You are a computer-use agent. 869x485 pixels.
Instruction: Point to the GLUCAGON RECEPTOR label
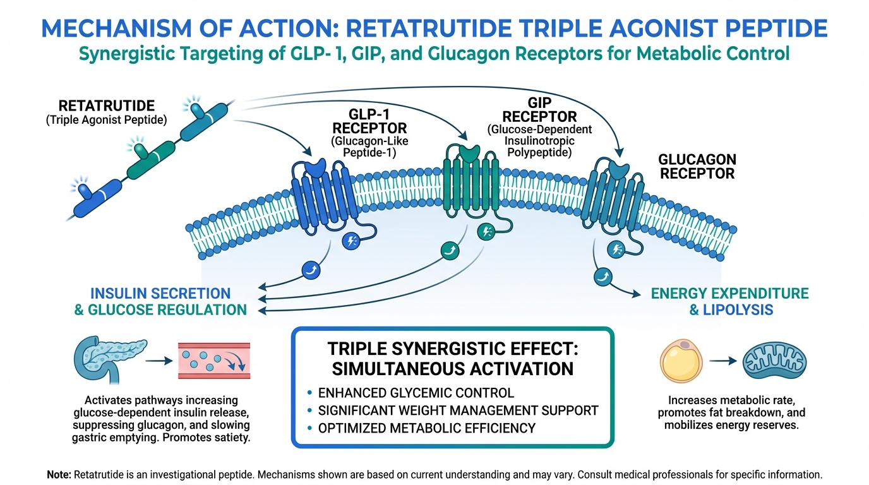pyautogui.click(x=697, y=167)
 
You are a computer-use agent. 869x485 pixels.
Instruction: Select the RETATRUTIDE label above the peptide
pyautogui.click(x=106, y=106)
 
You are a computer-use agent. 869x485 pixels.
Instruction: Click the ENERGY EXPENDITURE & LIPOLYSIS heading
pyautogui.click(x=729, y=301)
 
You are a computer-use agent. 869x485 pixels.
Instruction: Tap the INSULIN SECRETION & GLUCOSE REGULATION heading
pyautogui.click(x=160, y=301)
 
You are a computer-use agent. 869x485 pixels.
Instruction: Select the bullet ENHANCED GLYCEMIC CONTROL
pyautogui.click(x=415, y=393)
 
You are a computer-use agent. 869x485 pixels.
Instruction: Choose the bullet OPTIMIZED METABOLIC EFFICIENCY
pyautogui.click(x=426, y=428)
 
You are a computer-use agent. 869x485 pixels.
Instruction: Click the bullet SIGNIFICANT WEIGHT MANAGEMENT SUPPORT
pyautogui.click(x=458, y=410)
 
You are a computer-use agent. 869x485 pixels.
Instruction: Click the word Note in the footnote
pyautogui.click(x=59, y=474)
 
